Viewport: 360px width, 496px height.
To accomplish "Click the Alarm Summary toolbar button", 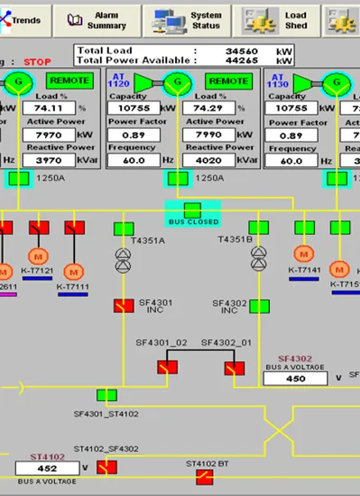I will tap(97, 20).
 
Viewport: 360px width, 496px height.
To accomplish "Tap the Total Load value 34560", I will tap(238, 50).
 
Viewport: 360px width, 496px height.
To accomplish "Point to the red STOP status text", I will tap(37, 61).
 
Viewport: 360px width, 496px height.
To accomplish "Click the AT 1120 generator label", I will tap(119, 81).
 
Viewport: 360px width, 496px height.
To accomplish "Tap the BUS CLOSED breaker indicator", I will tap(192, 211).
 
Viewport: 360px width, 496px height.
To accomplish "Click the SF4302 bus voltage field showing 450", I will tap(296, 378).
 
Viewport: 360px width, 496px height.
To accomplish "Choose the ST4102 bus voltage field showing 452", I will tap(47, 468).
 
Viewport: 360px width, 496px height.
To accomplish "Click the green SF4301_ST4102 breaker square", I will tap(106, 395).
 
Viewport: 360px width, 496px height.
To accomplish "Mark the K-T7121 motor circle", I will tap(38, 255).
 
